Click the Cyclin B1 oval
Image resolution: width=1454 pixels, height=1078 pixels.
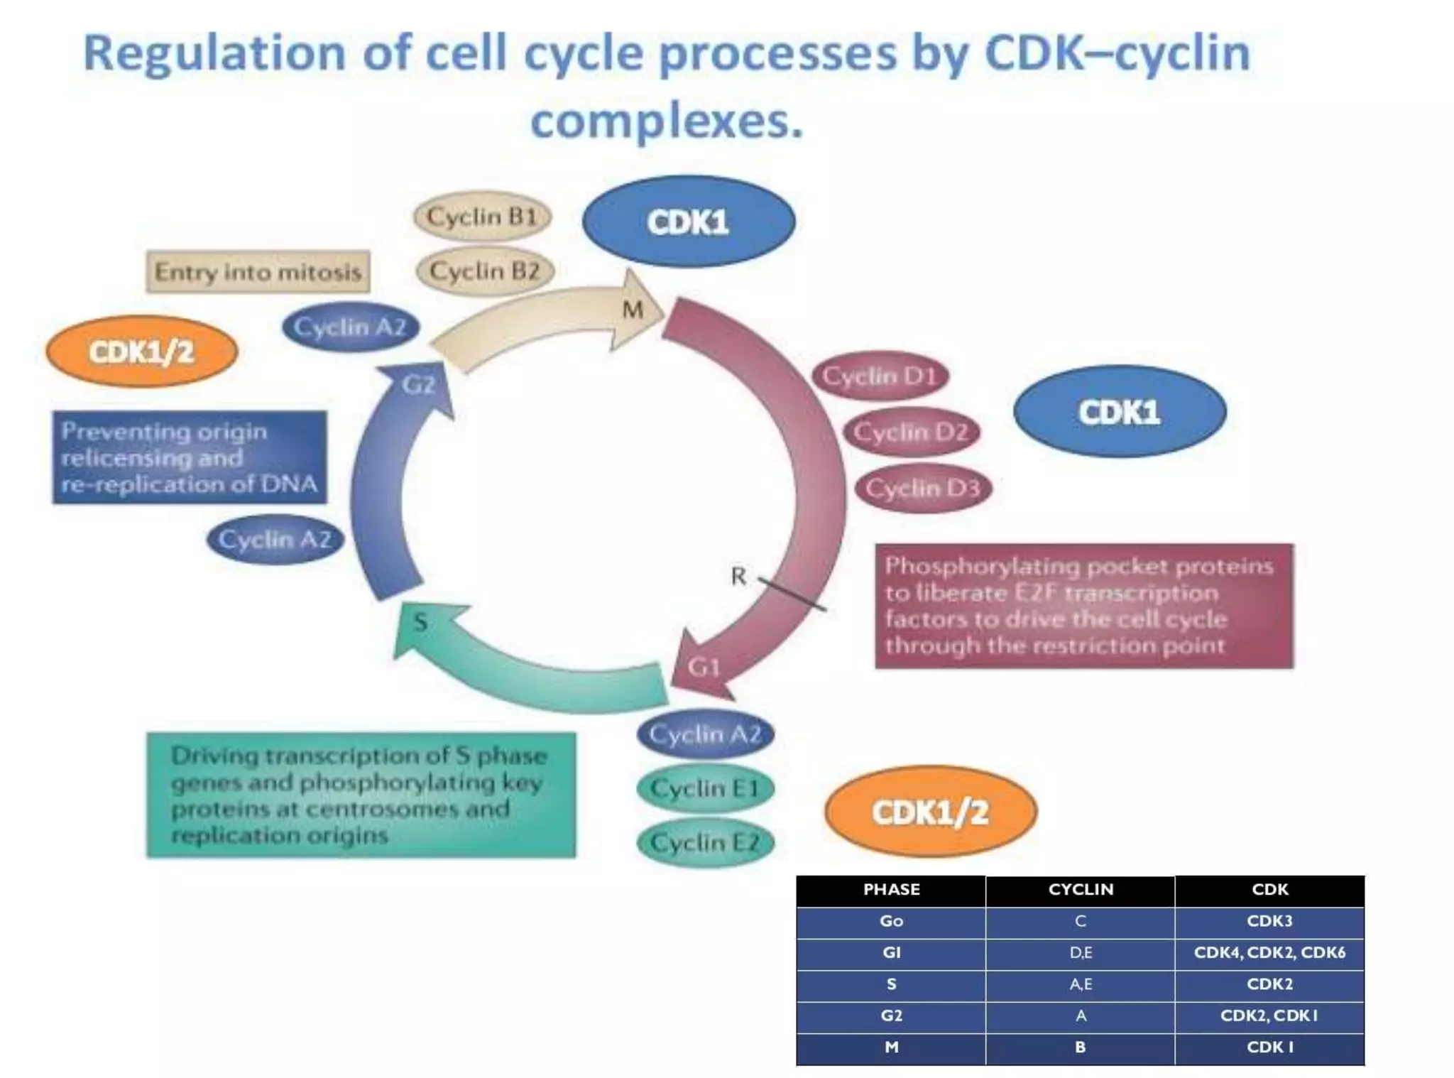coord(482,217)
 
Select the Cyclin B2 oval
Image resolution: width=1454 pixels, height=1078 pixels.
coord(485,271)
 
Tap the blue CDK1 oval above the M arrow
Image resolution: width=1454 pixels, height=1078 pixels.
coord(688,222)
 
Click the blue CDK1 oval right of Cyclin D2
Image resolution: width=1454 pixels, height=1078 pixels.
coord(1120,412)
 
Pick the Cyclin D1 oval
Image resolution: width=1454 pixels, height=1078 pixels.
coord(880,376)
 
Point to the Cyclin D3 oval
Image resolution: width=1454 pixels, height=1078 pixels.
coord(922,488)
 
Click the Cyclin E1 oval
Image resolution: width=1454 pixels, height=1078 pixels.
coord(705,788)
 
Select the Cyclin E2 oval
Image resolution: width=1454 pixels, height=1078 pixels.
coord(705,843)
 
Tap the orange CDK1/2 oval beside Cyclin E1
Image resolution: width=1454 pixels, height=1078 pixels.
coord(930,812)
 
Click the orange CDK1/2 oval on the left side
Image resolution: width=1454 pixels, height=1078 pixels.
coord(141,352)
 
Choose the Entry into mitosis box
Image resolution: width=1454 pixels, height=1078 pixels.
coord(258,272)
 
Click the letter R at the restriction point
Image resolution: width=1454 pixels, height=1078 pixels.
coord(738,576)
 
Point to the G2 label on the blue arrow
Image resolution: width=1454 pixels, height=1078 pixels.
coord(418,385)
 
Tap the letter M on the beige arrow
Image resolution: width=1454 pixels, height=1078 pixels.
coord(633,310)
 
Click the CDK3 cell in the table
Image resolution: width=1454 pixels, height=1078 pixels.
coord(1269,921)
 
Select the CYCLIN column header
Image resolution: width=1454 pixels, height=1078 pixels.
coord(1081,890)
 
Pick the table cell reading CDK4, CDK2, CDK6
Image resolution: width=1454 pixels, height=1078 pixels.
coord(1269,952)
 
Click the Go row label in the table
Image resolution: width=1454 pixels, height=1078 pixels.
coord(891,921)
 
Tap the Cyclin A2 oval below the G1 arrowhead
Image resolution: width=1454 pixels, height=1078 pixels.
coord(705,734)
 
